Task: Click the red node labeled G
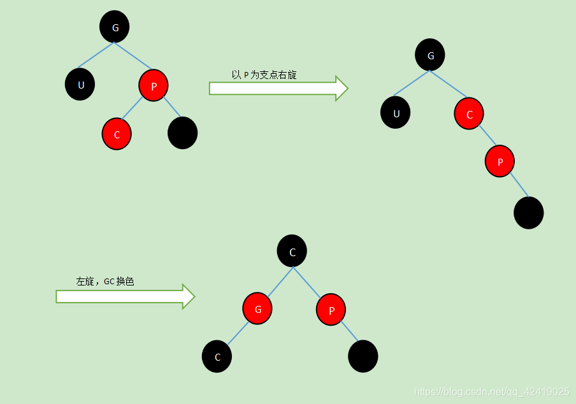tap(257, 309)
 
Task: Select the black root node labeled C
tap(292, 251)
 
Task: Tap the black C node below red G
tap(217, 356)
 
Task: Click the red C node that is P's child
tap(117, 134)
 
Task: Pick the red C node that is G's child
tap(469, 114)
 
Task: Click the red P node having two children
tap(153, 85)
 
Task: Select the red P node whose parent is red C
tap(500, 161)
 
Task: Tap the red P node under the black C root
tap(331, 310)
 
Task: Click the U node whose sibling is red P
tap(80, 84)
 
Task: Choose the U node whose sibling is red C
tap(395, 113)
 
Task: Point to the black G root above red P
tap(115, 27)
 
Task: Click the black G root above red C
tap(430, 55)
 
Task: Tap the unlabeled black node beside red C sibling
tap(182, 133)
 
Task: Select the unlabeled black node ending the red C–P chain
tap(528, 213)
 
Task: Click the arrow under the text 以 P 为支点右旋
tap(278, 88)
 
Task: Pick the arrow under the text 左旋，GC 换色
tap(125, 296)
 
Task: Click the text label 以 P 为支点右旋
tap(264, 75)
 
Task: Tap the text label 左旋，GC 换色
tap(105, 281)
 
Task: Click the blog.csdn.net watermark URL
tap(491, 391)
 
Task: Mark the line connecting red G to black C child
tap(238, 333)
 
